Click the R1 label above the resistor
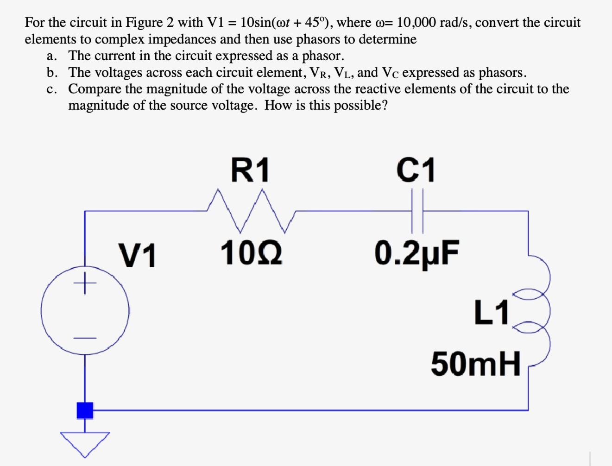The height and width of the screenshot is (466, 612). point(250,170)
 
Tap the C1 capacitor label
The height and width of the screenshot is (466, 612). point(416,170)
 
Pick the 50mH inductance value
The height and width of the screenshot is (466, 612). point(476,364)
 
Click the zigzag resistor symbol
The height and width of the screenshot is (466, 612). point(250,211)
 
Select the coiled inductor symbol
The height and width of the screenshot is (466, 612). point(537,310)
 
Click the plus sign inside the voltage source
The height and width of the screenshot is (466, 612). point(84,283)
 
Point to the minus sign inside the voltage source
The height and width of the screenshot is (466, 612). point(84,338)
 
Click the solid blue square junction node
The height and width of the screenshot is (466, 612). point(84,410)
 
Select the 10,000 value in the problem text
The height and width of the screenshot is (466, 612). point(416,22)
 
